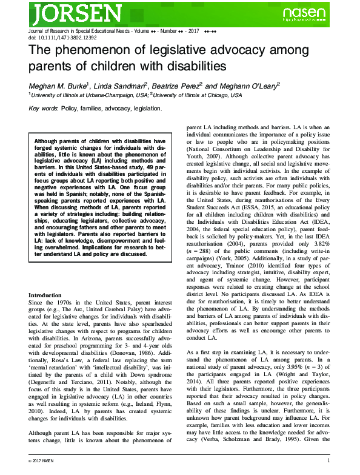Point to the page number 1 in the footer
tap(327, 462)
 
